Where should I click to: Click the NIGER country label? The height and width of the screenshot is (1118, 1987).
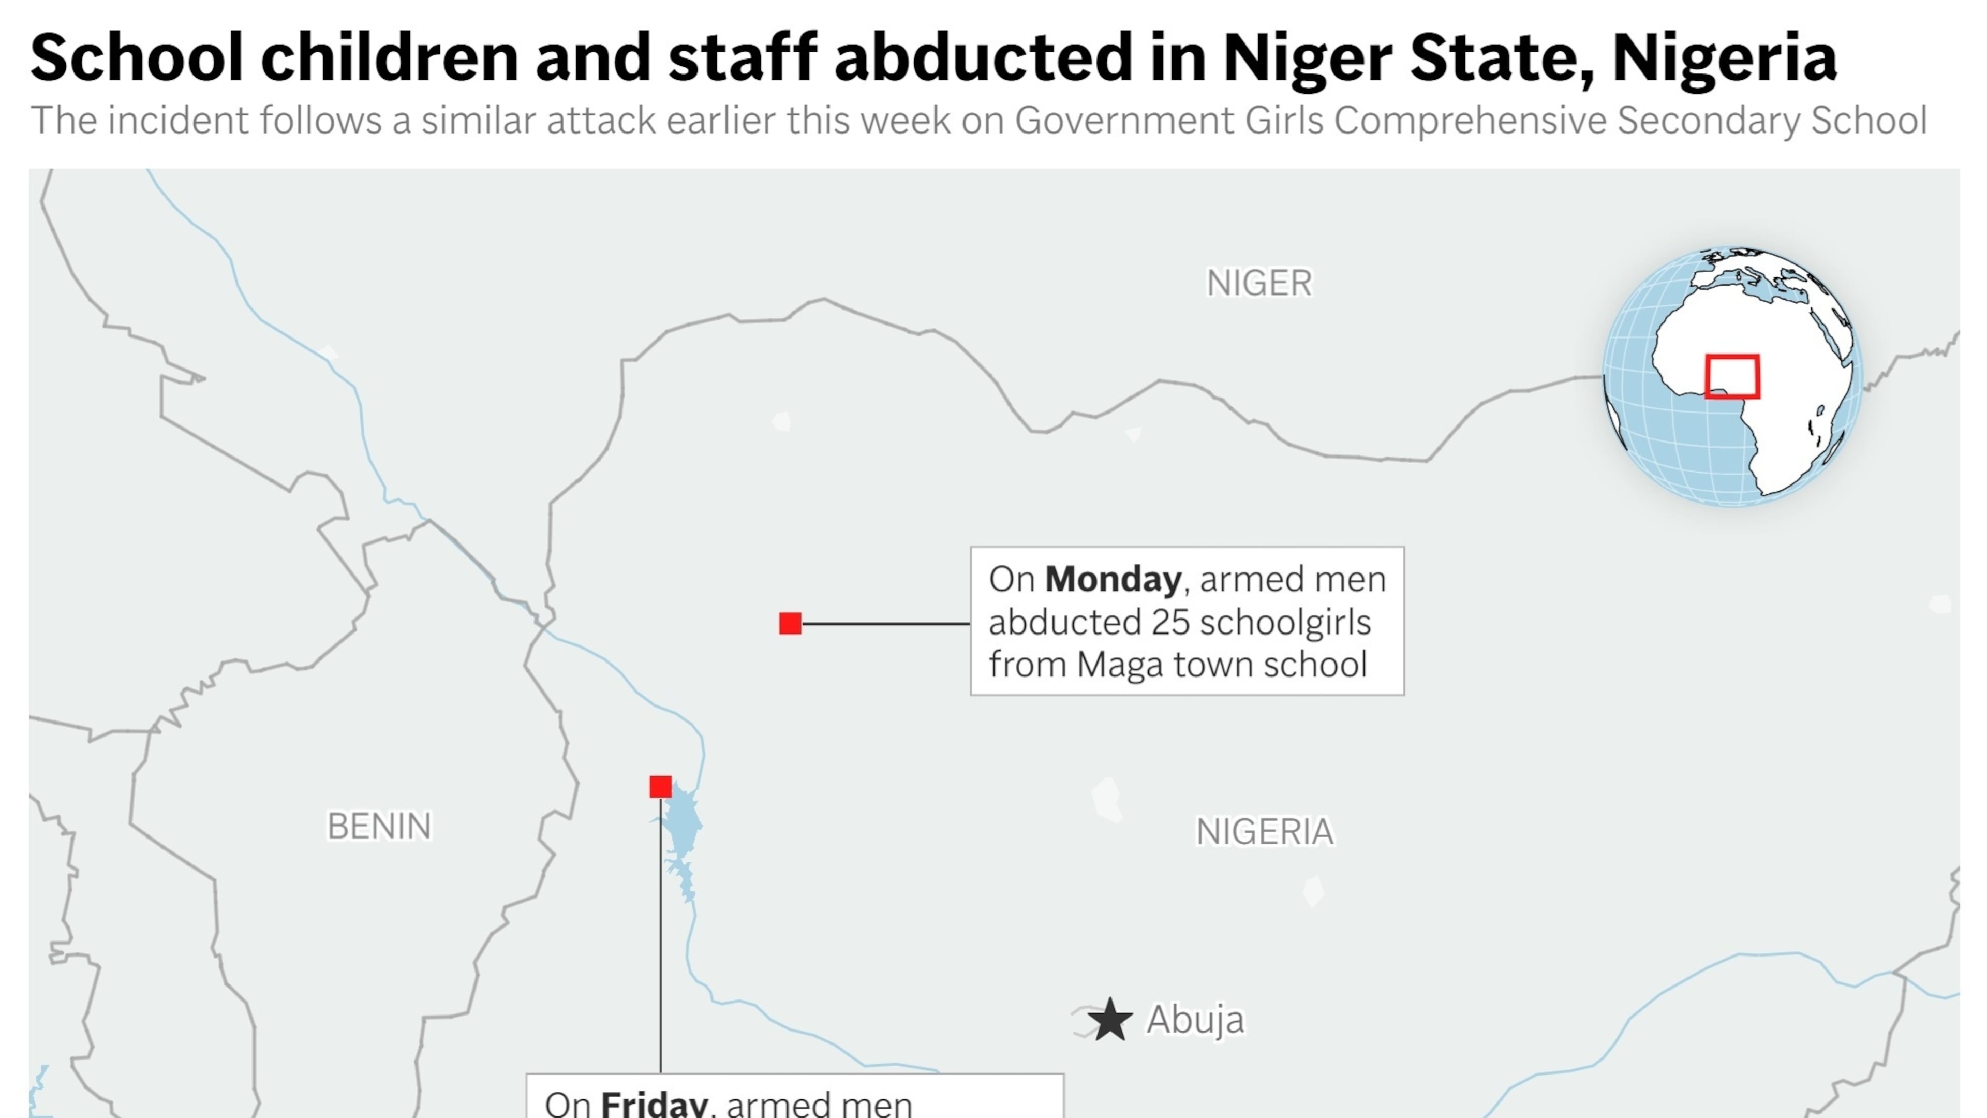(1259, 283)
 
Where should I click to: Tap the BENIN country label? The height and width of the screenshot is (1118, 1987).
(379, 827)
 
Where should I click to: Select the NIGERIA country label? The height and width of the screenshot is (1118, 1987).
(1264, 832)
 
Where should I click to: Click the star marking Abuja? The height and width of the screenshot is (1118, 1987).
(1110, 1020)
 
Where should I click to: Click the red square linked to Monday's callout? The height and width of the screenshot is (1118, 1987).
(790, 623)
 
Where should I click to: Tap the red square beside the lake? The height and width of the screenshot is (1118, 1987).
(660, 787)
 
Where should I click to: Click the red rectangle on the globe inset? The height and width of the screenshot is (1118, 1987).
(1732, 376)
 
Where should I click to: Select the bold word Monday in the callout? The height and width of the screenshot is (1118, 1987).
(1113, 580)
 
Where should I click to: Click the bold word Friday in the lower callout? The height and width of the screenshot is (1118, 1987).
(654, 1104)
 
